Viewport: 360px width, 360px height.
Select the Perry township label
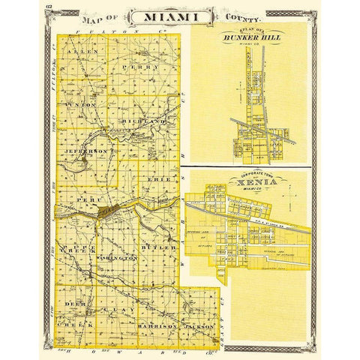point(150,67)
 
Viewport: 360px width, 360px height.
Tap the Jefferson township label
point(91,151)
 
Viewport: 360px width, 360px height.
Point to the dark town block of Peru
point(111,212)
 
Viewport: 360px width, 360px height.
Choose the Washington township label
point(115,257)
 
